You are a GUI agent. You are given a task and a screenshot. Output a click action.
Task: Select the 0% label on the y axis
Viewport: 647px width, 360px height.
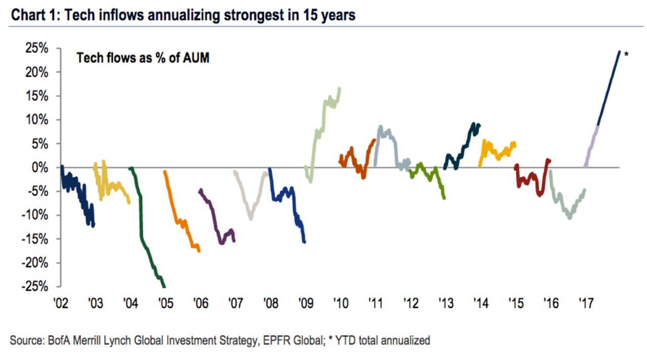40,167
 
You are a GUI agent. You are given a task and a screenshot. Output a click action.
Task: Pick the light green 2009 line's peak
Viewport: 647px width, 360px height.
340,88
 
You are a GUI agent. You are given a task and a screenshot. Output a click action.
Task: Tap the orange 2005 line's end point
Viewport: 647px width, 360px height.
199,251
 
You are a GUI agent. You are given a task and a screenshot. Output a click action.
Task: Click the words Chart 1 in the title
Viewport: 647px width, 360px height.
33,16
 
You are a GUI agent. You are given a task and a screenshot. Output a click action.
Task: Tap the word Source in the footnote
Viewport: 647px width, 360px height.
24,340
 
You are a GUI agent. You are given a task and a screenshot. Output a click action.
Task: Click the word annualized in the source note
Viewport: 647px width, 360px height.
404,340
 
